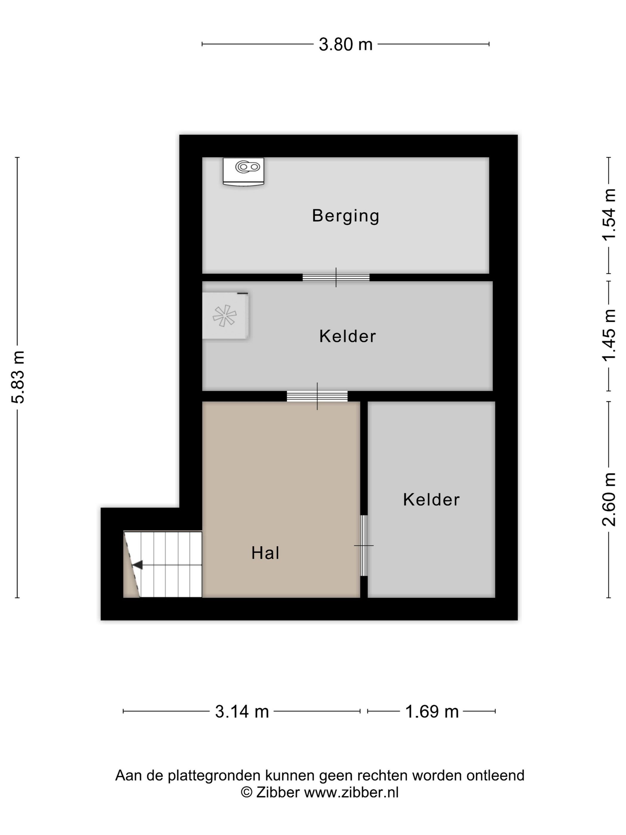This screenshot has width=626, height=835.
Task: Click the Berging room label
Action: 345,216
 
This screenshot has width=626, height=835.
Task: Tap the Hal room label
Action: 265,553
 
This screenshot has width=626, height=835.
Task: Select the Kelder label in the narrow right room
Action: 431,500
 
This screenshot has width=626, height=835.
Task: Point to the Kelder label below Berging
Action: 348,336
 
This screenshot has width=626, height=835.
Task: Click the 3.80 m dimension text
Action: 345,44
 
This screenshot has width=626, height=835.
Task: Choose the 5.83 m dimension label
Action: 18,377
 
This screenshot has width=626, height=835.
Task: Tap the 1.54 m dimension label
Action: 609,214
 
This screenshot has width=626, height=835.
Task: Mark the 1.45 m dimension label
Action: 609,335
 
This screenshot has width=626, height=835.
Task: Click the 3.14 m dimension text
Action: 242,712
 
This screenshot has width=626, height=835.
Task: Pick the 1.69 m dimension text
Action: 432,712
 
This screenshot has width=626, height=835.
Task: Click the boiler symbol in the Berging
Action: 243,172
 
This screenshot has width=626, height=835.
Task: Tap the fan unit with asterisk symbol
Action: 225,315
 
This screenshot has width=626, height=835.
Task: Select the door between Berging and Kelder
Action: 336,277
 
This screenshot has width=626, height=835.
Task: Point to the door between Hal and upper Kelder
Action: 317,396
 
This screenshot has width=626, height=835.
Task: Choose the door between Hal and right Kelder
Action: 364,545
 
